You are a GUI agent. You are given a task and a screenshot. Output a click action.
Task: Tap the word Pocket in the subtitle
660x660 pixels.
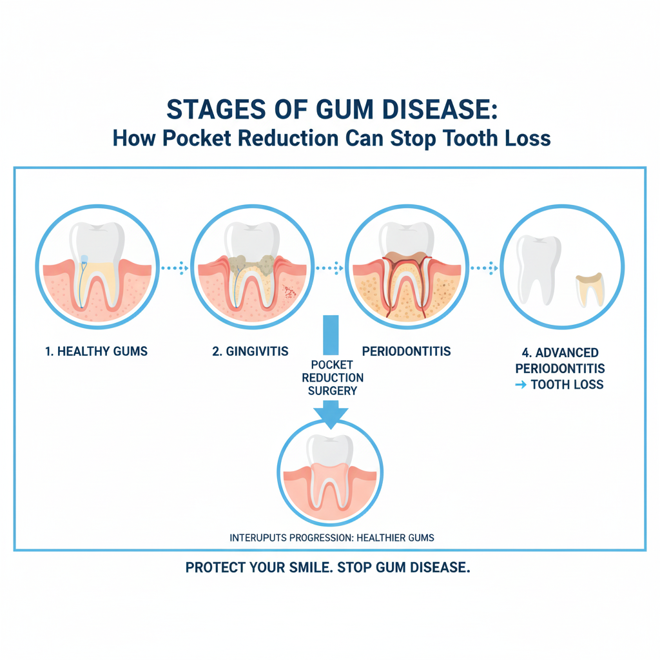pos(192,139)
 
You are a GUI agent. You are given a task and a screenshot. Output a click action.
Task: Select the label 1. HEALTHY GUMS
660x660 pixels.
pos(97,351)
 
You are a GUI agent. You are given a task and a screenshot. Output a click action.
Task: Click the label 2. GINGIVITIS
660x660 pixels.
pos(251,351)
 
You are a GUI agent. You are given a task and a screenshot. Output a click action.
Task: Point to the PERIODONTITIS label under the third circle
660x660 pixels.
pos(406,351)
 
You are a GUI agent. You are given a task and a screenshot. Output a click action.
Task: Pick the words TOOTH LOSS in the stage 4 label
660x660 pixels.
pos(567,385)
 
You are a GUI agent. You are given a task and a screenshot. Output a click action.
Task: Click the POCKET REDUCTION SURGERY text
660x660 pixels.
pos(333,378)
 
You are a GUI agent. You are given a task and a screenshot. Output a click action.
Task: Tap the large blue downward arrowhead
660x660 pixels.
pos(330,416)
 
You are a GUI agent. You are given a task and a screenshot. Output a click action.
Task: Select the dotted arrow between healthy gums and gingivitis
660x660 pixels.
pos(174,267)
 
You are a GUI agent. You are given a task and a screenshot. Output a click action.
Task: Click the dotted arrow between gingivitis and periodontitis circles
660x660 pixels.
pos(329,267)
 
